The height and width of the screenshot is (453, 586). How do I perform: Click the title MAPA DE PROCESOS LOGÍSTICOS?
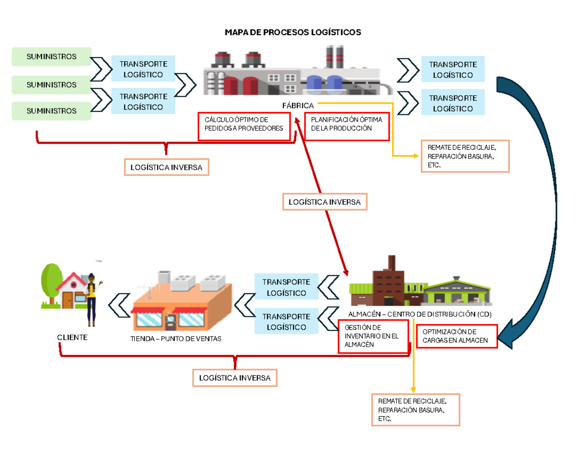293,32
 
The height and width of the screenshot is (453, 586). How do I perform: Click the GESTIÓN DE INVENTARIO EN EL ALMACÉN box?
373,336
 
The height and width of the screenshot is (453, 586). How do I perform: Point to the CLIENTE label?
72,338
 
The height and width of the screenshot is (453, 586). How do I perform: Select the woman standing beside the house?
92,298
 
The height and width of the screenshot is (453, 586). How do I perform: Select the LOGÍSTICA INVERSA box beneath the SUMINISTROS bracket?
167,167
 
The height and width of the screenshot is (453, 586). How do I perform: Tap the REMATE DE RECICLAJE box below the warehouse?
416,410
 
